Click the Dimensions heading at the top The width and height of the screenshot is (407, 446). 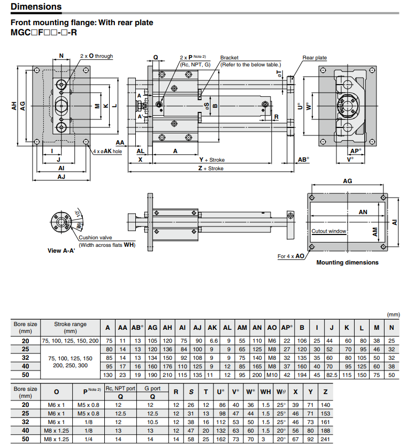click(x=36, y=7)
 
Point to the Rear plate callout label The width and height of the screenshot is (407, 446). click(x=314, y=58)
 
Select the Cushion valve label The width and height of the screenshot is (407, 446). click(x=95, y=238)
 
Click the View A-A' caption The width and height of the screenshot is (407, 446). click(x=61, y=251)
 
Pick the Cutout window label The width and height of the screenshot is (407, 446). click(x=329, y=231)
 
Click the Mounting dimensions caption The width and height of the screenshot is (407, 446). click(x=347, y=262)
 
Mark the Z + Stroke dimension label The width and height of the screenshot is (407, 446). click(x=210, y=169)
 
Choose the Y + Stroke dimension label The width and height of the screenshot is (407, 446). click(x=212, y=160)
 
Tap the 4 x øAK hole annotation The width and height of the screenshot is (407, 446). click(x=107, y=152)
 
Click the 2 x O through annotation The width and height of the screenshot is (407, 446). click(x=96, y=56)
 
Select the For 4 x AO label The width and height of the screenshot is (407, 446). click(x=291, y=256)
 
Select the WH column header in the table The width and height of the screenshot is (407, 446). click(x=266, y=392)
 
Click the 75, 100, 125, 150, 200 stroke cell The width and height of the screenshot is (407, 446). click(x=70, y=341)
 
